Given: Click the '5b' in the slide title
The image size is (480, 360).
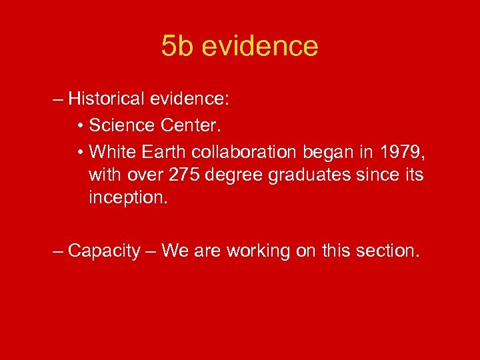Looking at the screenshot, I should pyautogui.click(x=177, y=46).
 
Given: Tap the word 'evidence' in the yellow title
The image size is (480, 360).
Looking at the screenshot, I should pyautogui.click(x=259, y=46).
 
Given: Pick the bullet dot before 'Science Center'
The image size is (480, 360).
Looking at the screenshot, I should pyautogui.click(x=80, y=126).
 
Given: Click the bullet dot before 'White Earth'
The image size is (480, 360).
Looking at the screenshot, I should pyautogui.click(x=80, y=152).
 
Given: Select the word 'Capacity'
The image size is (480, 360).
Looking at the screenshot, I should pyautogui.click(x=105, y=251).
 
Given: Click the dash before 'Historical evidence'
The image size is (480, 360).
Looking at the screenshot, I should pyautogui.click(x=58, y=100).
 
